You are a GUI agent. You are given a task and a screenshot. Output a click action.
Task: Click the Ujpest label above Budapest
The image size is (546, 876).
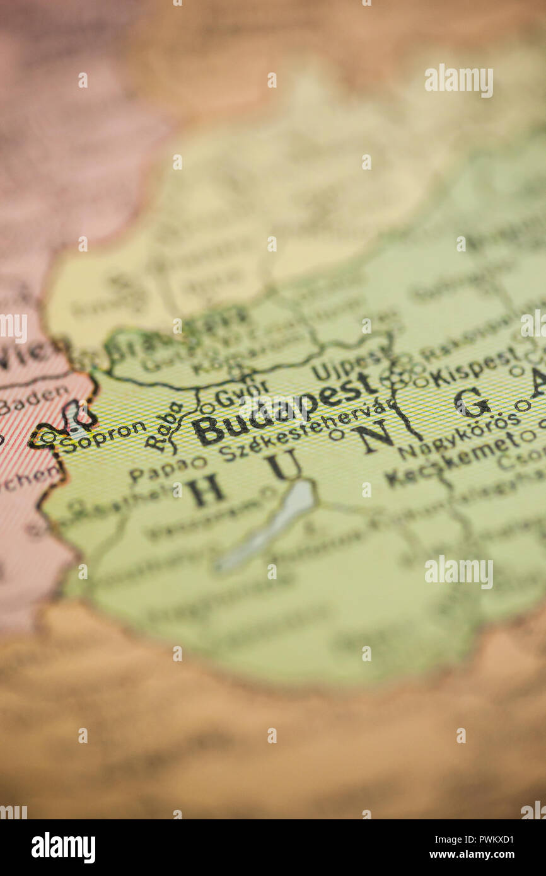[347, 365]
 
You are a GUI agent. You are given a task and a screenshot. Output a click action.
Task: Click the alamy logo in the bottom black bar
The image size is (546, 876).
[63, 848]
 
